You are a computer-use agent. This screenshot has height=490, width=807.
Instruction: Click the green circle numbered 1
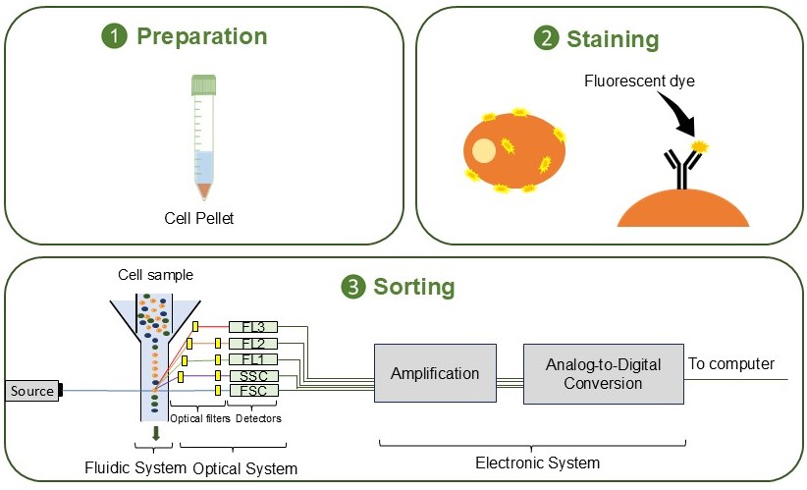pos(115,37)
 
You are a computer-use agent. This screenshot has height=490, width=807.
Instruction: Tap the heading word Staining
pos(612,39)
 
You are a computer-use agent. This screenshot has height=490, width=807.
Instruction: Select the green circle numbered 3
pos(352,287)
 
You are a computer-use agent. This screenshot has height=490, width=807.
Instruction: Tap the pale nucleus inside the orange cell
pos(484,151)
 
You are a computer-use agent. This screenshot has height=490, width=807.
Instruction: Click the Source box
pos(31,391)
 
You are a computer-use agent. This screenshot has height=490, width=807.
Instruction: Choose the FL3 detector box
pos(252,327)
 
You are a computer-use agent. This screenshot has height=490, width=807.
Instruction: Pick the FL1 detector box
pos(252,359)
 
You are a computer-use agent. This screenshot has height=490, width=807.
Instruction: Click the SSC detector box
pos(252,375)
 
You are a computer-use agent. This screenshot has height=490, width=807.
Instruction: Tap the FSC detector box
pos(252,391)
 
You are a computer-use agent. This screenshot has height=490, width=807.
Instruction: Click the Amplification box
pos(434,373)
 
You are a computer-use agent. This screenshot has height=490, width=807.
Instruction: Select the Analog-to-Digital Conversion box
pos(603,373)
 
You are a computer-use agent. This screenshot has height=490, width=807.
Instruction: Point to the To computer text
pos(731,363)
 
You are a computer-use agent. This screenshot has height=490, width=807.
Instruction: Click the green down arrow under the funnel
pos(155,433)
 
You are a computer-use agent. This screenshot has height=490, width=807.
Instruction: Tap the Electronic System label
pos(537,462)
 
